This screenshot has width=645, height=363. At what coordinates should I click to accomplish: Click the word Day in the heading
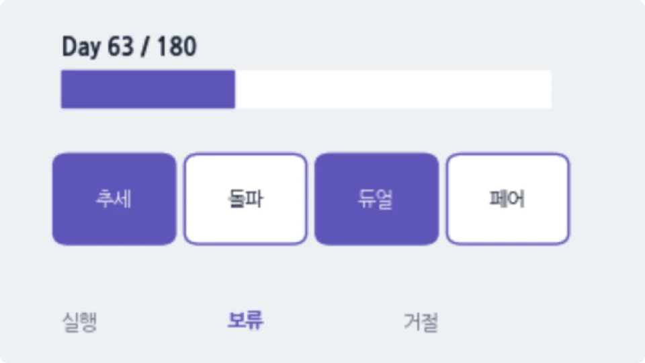81,47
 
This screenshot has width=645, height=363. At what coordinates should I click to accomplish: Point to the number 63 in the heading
120,46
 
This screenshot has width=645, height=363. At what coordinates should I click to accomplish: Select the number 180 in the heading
177,46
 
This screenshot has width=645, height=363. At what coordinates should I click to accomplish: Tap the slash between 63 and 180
145,46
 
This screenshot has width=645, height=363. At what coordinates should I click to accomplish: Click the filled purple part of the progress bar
148,89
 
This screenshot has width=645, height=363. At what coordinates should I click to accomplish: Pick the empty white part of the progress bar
393,89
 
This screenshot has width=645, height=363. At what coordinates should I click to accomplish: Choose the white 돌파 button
246,199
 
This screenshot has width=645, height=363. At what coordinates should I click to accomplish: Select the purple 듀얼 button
376,199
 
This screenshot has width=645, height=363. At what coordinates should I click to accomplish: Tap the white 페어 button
508,199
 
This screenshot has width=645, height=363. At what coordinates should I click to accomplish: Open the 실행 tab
80,322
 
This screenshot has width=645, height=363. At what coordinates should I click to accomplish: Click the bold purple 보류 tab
246,320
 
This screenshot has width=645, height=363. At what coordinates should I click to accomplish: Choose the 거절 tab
421,322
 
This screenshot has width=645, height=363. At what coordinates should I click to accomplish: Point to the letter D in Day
69,46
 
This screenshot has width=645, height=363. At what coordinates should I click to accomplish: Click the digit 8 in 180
177,46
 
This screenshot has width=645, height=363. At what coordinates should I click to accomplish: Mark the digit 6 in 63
114,46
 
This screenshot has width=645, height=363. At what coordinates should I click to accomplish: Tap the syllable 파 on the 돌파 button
255,199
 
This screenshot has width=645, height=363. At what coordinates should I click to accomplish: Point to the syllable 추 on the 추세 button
105,199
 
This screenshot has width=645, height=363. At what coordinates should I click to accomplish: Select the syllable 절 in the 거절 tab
430,322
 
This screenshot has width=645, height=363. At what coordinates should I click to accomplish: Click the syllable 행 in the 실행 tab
89,322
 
